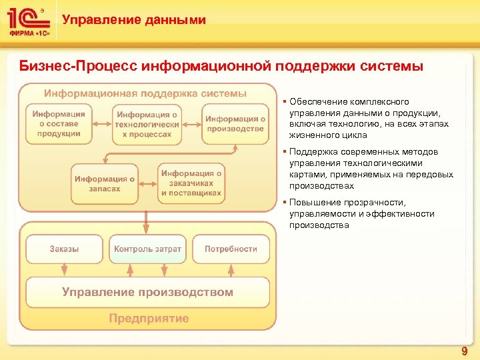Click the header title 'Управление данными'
point(134,20)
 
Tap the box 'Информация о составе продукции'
point(59,124)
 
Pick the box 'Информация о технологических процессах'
point(147,125)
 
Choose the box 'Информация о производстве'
point(235,124)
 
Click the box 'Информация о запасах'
point(105,183)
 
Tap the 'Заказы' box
point(64,249)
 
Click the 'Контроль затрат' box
point(147,249)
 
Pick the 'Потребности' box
point(231,249)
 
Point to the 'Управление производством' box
point(147,292)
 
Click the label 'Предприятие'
point(149,319)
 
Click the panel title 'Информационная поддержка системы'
point(145,93)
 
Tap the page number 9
point(464,351)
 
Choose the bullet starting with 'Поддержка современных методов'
point(371,169)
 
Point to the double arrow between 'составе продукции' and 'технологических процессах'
point(102,124)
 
